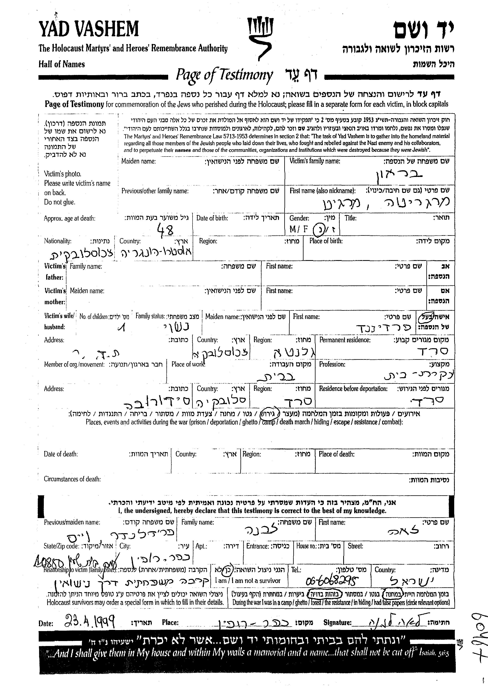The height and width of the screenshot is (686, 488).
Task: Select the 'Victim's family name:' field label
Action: (315, 161)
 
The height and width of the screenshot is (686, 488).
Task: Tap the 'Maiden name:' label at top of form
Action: (139, 161)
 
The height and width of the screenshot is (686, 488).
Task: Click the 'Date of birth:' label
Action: (212, 218)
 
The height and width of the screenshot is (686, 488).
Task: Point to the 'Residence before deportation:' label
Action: (353, 389)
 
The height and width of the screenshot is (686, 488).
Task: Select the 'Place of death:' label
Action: (337, 454)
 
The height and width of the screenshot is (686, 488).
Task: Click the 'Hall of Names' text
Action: (62, 64)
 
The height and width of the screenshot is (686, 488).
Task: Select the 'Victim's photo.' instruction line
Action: (62, 174)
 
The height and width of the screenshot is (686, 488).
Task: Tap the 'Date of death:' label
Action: (61, 454)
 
